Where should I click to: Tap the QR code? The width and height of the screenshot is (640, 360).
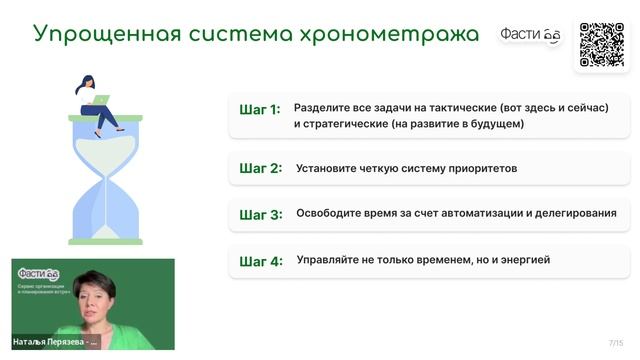point(602,44)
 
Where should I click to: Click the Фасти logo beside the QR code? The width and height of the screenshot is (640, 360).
point(531,35)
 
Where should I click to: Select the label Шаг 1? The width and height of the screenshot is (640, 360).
point(260,110)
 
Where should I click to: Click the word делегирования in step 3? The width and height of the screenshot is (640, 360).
point(574,213)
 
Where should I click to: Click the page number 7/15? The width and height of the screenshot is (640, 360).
point(615,343)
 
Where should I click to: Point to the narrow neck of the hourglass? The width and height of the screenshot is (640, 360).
point(105,178)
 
